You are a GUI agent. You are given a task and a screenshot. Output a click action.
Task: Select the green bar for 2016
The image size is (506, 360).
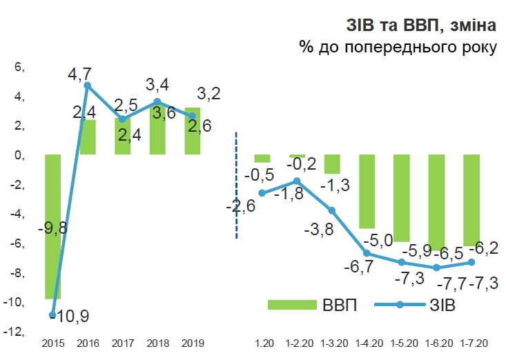click(x=88, y=137)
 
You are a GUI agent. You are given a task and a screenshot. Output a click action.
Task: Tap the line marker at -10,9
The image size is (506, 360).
click(x=52, y=314)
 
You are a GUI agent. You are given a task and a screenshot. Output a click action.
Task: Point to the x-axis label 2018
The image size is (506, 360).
click(x=157, y=343)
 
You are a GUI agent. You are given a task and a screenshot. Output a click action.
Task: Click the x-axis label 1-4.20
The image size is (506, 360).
click(x=367, y=343)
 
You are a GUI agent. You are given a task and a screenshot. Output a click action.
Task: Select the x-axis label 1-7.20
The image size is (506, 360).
click(x=471, y=343)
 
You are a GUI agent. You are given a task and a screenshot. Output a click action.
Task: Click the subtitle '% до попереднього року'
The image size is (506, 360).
click(x=398, y=47)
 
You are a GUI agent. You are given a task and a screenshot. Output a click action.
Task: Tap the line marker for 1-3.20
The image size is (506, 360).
click(x=332, y=210)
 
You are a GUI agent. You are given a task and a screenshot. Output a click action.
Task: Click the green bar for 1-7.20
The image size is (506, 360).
click(x=471, y=199)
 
